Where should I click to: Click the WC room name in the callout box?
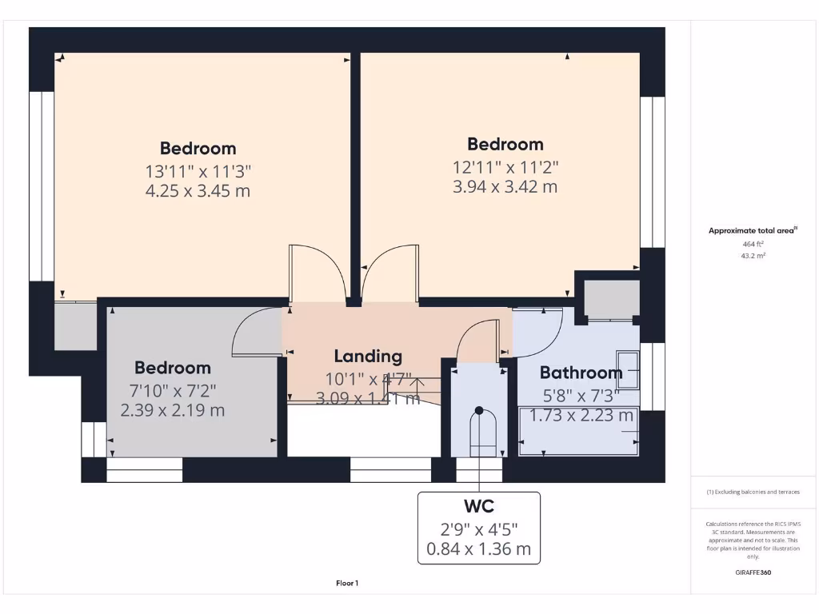coord(478,506)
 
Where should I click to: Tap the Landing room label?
coord(368,357)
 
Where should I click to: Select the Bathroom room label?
coord(581,373)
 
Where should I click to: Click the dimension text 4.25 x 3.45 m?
coord(198,191)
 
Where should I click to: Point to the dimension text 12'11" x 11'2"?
coord(505,167)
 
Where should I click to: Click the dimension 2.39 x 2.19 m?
coord(173,410)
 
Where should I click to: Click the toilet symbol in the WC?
coord(479,432)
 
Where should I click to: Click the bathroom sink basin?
coord(628,371)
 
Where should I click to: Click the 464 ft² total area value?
coord(753,244)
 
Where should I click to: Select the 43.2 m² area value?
coord(753,256)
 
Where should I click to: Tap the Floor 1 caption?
coord(346,584)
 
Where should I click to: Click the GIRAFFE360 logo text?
coord(753,572)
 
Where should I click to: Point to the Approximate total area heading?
coord(753,230)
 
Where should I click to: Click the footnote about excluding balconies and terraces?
coord(753,492)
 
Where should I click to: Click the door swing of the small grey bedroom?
coord(254,333)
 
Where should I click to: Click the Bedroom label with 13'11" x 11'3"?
coord(198,148)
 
